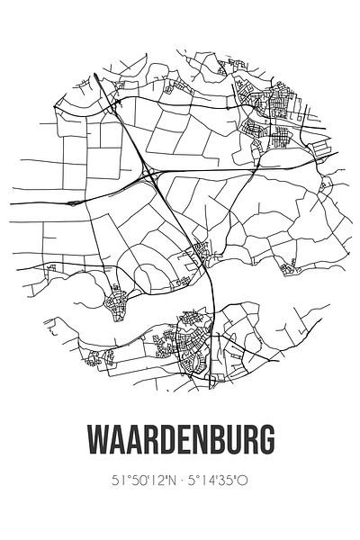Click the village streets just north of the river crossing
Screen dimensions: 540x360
pyautogui.click(x=198, y=255)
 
